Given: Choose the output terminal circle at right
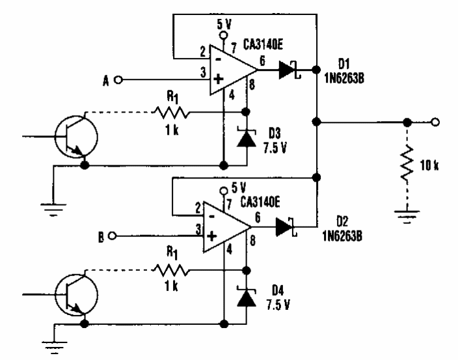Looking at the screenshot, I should pyautogui.click(x=435, y=121).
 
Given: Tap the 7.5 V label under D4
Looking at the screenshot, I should pyautogui.click(x=279, y=304).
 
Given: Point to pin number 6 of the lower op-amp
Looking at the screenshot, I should pyautogui.click(x=259, y=219).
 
